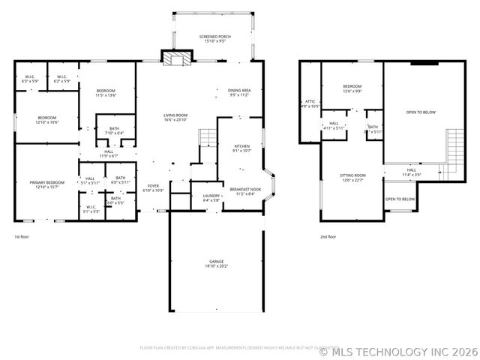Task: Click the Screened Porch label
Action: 214,39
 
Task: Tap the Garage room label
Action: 216,263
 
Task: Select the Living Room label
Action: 175,118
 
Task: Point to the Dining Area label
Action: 240,93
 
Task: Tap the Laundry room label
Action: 211,198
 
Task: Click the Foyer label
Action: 153,188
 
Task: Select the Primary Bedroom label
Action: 46,184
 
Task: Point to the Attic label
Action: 310,104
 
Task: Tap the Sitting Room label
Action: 352,178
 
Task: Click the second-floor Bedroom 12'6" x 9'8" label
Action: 352,88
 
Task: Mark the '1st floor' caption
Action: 22,237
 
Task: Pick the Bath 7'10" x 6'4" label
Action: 114,130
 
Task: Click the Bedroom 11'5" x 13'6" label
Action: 105,93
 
